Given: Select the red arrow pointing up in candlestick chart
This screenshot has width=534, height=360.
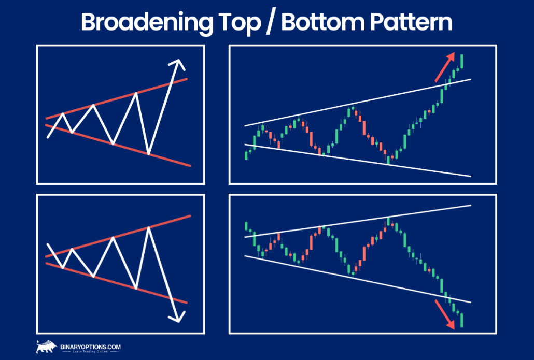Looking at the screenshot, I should (x=445, y=68).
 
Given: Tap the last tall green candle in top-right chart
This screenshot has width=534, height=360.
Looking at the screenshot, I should (x=461, y=61).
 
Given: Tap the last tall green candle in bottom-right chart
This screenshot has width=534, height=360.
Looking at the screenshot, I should (x=461, y=320).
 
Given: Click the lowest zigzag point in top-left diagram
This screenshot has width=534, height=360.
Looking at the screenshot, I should (x=149, y=153).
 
